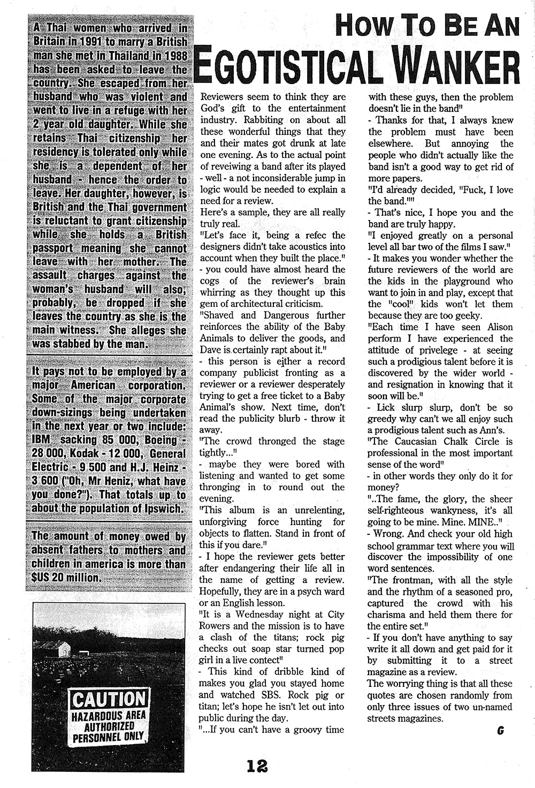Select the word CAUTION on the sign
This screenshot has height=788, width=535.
point(109,699)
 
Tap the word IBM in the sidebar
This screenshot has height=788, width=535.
point(43,440)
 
